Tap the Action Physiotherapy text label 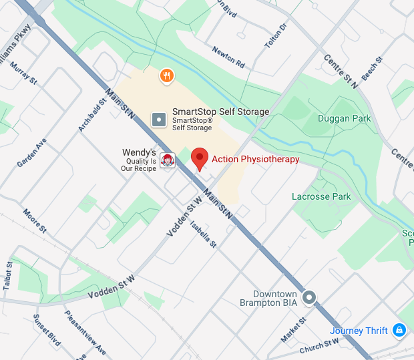pyautogui.click(x=255, y=160)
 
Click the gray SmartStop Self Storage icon pyautogui.click(x=159, y=120)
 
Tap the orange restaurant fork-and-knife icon pyautogui.click(x=167, y=76)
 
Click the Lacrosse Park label pyautogui.click(x=321, y=197)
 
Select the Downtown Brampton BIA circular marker pyautogui.click(x=308, y=298)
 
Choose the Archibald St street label pyautogui.click(x=92, y=116)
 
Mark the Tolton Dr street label pyautogui.click(x=275, y=35)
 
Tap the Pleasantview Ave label pyautogui.click(x=85, y=332)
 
